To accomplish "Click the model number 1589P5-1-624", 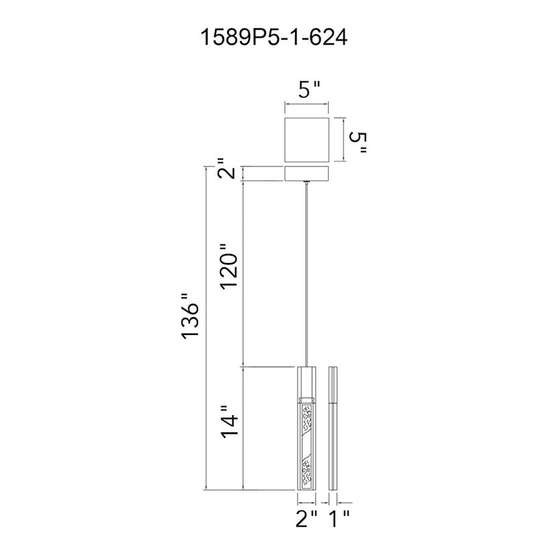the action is [x=273, y=38].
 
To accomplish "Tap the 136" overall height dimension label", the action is [x=190, y=315].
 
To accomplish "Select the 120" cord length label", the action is [x=229, y=266].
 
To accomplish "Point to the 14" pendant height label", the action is [x=229, y=421].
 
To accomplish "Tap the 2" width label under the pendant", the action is [x=306, y=519].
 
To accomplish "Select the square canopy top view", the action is [x=307, y=140].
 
